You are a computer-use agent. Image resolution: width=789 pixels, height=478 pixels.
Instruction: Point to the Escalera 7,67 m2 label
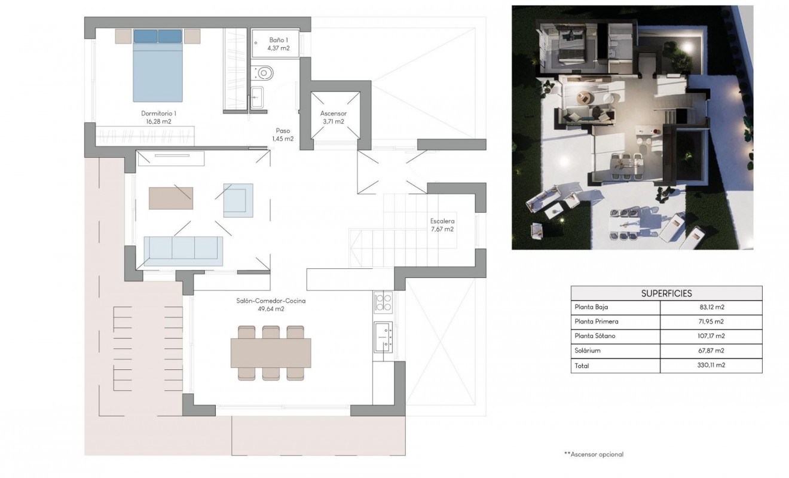(442, 225)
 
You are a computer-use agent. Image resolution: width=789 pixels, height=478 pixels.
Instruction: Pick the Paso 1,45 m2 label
(283, 134)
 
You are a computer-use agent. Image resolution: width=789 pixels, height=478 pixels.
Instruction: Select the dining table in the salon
(271, 353)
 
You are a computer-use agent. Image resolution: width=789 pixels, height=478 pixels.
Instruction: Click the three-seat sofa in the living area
(184, 251)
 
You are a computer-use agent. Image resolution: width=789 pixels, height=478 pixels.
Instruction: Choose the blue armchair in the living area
(238, 200)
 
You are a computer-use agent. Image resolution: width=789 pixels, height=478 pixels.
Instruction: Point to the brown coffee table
(171, 198)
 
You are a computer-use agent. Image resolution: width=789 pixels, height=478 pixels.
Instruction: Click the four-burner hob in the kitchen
(383, 302)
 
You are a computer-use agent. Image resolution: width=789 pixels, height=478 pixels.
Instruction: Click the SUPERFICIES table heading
(666, 293)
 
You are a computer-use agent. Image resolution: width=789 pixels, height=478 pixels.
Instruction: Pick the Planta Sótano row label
(595, 336)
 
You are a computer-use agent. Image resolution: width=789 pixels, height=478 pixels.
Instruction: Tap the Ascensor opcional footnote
(594, 454)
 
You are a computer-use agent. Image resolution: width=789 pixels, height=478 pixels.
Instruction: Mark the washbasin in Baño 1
(258, 97)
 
